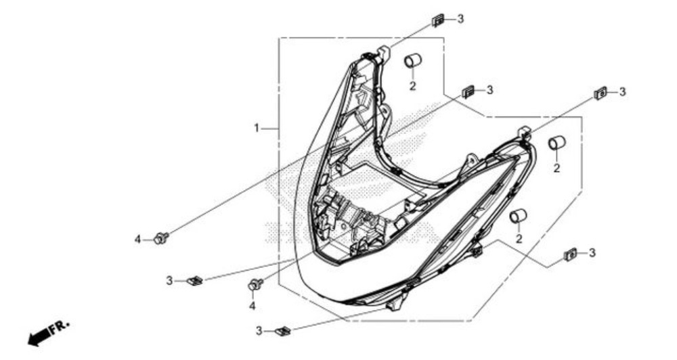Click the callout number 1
coord(257,127)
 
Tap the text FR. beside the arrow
coord(62,326)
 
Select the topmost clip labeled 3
coord(439,20)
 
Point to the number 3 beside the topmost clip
coord(460,19)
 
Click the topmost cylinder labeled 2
coord(412,61)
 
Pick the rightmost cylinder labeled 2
coord(556,143)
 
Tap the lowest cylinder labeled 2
coord(518,216)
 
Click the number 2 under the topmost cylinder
coord(412,86)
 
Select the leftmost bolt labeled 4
coord(161,238)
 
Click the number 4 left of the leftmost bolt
coord(137,240)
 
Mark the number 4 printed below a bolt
coord(252,306)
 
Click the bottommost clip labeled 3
coord(282,331)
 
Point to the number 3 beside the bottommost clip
coord(259,331)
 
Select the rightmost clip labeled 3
coord(600,93)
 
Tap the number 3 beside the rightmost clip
coord(622,91)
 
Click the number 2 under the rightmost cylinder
coord(556,168)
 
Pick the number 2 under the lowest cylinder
coord(519,239)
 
